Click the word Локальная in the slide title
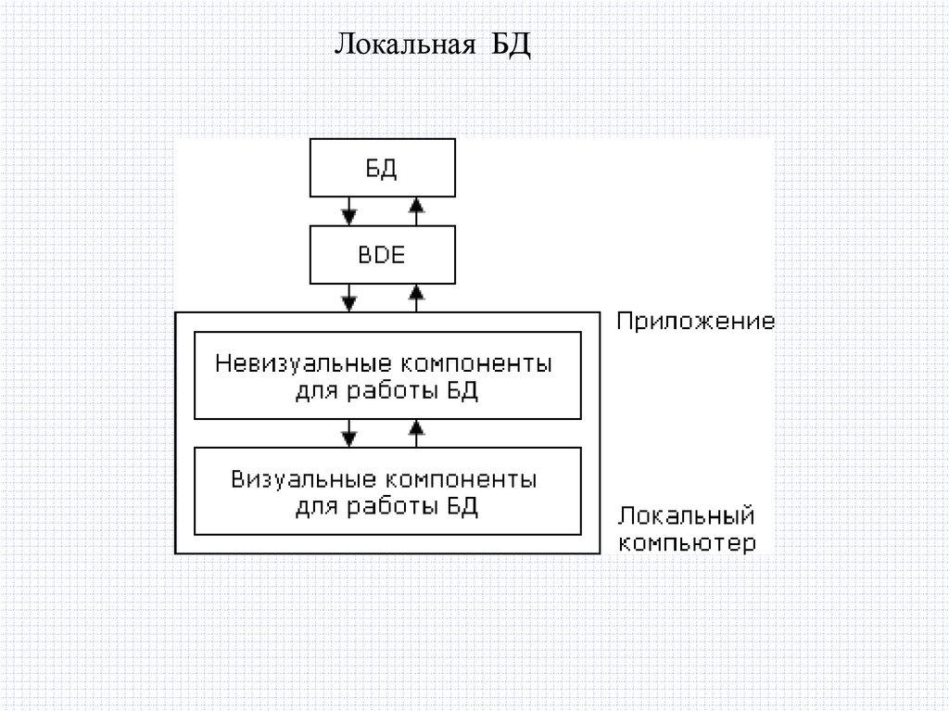[x=404, y=44]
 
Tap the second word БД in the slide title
[x=511, y=44]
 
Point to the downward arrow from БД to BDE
[x=348, y=211]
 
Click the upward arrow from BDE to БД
[x=416, y=211]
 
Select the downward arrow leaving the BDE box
[x=348, y=298]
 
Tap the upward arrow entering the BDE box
[x=416, y=298]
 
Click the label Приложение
[x=696, y=323]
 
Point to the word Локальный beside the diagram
[x=687, y=515]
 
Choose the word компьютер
[x=687, y=542]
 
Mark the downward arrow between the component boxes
[x=348, y=431]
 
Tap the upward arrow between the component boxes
[x=416, y=431]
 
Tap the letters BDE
[x=382, y=256]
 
